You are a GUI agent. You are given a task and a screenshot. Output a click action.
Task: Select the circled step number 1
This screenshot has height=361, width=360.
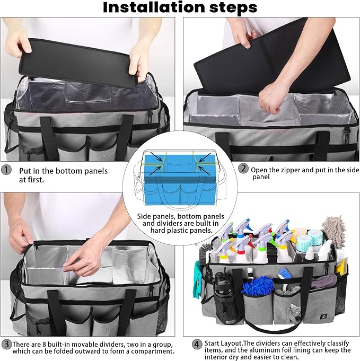pos(6,170)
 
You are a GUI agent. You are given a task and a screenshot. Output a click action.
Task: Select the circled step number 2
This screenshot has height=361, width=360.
pos(243,169)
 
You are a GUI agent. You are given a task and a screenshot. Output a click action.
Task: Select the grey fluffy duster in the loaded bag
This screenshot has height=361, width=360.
pos(333,228)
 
